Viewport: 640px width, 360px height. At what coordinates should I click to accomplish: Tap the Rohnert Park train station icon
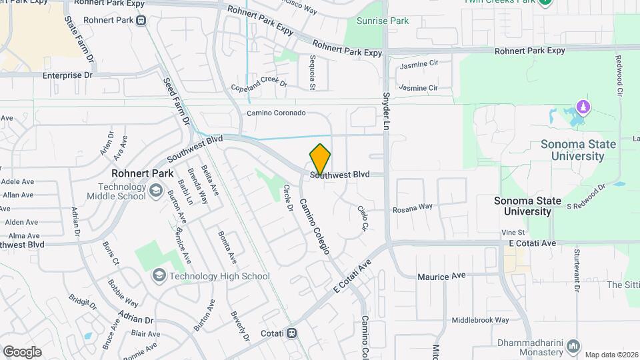pos(141,20)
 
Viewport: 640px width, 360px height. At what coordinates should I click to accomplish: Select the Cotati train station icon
pos(292,333)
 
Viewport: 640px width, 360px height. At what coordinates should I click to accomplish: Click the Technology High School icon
pos(159,275)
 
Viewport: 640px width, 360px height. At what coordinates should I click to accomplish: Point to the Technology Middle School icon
pos(155,191)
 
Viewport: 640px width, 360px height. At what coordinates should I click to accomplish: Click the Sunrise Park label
pos(383,21)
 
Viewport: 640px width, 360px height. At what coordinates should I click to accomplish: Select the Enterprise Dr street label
pos(67,75)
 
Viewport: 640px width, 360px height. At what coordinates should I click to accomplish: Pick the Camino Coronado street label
pos(276,113)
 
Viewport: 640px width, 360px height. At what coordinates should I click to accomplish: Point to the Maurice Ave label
pos(441,276)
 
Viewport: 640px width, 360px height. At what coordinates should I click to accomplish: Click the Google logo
pos(22,352)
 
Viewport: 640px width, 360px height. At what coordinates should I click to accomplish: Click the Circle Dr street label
pos(289,198)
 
